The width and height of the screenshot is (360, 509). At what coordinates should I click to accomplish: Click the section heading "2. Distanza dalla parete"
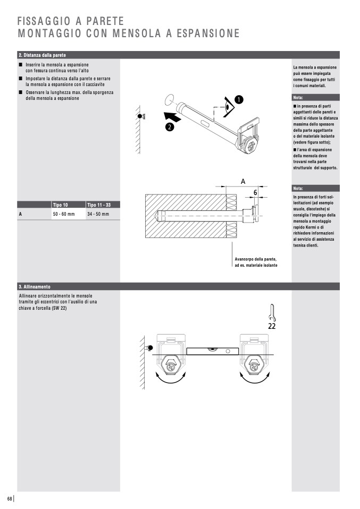[x=43, y=55]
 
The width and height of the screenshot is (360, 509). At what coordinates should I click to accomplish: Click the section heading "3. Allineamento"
[x=35, y=286]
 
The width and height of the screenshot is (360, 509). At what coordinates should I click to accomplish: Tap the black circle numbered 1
[x=239, y=99]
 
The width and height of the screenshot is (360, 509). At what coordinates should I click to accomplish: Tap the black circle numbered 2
[x=169, y=126]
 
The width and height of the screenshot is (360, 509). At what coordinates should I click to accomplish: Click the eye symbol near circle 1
[x=228, y=107]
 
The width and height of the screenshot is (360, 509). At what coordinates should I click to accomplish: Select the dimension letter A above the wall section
[x=243, y=181]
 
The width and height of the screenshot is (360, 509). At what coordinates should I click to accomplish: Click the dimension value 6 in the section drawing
[x=255, y=192]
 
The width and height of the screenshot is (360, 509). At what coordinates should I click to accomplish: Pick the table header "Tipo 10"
[x=61, y=205]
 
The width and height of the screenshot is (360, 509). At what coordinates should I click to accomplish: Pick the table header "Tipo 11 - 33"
[x=98, y=205]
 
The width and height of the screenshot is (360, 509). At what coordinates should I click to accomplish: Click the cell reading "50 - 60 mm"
[x=64, y=214]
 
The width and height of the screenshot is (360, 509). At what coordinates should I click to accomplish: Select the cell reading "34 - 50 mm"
[x=98, y=214]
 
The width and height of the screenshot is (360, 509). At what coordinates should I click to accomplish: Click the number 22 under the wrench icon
[x=272, y=326]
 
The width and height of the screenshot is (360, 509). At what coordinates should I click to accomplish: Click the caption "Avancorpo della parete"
[x=255, y=259]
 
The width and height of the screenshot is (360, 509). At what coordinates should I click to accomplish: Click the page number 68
[x=10, y=498]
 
